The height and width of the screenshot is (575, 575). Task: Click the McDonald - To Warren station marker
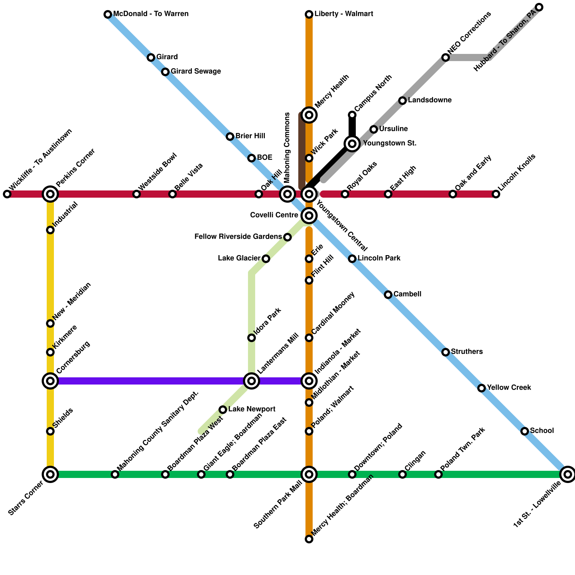[108, 14]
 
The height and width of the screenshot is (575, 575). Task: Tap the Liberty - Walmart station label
[344, 14]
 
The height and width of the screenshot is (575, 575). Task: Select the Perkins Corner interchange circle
[50, 194]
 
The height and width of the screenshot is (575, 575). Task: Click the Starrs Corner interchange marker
[50, 474]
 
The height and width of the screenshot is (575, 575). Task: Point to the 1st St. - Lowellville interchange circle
[568, 474]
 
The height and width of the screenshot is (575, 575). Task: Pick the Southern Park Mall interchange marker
[309, 474]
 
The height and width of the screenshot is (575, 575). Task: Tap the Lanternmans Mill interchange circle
[252, 381]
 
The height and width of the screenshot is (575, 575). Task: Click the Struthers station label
[466, 352]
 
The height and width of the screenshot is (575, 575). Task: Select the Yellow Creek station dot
[482, 388]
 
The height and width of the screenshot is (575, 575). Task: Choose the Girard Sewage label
[195, 72]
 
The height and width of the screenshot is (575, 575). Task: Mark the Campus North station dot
[352, 115]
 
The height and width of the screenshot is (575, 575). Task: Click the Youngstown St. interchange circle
[352, 144]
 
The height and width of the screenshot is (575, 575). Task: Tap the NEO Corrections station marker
[446, 57]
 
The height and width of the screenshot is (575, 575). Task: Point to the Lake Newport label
[252, 409]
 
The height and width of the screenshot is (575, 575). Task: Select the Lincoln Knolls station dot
[496, 194]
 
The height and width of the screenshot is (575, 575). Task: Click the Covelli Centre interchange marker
[309, 216]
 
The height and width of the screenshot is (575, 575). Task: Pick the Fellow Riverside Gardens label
[238, 237]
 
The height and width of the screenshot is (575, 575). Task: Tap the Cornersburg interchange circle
[50, 381]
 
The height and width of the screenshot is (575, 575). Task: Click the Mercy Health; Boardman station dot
[309, 539]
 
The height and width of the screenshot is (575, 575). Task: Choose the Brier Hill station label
[250, 136]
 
